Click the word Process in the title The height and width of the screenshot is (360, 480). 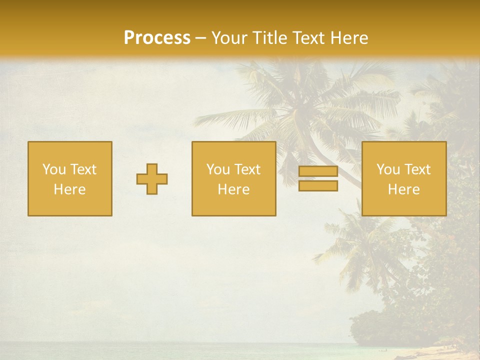pos(157,38)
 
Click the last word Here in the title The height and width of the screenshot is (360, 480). pos(349,38)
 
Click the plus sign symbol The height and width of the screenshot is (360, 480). pos(152,179)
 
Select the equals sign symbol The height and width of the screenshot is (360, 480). pos(318,179)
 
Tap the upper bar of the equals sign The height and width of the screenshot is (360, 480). pos(318,172)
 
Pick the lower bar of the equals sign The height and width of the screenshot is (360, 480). pos(318,186)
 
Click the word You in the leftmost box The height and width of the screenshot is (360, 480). pos(54,169)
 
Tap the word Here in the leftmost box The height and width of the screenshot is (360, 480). pos(70,189)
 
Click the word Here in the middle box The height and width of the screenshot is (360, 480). pos(234,189)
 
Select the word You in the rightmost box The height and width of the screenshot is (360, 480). pos(388,169)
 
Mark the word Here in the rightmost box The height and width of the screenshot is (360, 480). pos(404,189)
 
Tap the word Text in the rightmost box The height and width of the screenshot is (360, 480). pos(417,169)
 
